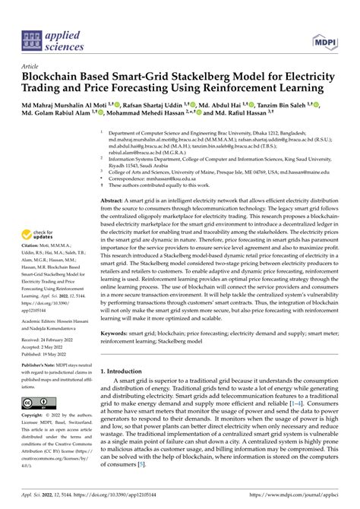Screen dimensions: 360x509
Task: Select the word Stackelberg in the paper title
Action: point(215,77)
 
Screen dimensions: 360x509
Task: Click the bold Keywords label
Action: point(119,354)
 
